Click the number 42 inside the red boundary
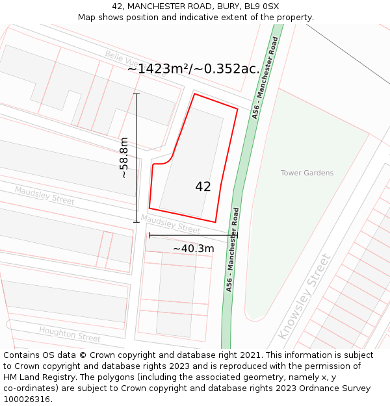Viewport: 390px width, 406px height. [x=203, y=186]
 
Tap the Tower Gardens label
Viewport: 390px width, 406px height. [x=307, y=173]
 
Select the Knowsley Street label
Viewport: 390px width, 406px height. [x=304, y=296]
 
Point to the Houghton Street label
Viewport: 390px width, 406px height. [x=70, y=335]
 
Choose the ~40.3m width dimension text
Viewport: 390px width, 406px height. [x=193, y=248]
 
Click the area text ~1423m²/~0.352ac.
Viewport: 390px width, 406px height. [x=193, y=68]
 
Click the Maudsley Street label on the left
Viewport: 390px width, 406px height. [x=45, y=195]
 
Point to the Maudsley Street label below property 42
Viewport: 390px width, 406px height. [x=170, y=225]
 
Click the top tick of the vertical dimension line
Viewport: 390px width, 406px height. [x=136, y=94]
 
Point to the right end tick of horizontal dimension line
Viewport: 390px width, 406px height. [x=238, y=235]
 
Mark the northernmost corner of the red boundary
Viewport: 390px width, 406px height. [x=194, y=94]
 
